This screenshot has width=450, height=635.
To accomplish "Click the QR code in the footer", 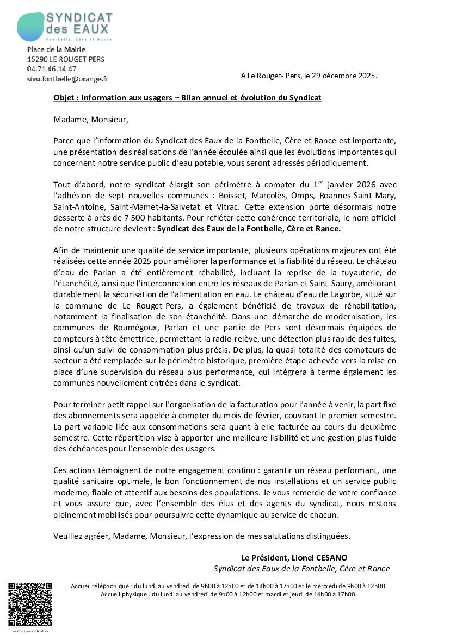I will (30, 604).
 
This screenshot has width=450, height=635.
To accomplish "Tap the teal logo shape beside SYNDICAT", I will (30, 27).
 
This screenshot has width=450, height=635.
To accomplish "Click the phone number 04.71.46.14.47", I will (52, 69).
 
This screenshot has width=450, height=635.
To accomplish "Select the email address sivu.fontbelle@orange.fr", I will (67, 79).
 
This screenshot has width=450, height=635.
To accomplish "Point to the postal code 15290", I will (37, 59).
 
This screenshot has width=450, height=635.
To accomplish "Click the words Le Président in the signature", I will (263, 558).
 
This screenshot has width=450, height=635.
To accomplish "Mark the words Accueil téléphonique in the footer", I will (101, 586).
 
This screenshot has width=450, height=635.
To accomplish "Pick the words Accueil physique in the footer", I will (125, 594).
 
